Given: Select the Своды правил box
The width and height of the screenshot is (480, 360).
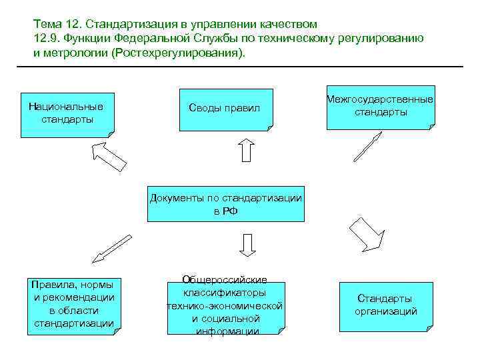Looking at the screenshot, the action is point(225,108).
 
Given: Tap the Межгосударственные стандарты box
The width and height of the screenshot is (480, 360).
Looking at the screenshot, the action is point(380,107).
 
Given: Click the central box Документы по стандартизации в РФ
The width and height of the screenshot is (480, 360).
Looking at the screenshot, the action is point(225,203).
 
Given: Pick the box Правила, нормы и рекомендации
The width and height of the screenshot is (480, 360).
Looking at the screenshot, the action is point(73,304).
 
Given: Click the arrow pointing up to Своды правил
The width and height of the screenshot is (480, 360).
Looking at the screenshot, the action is point(246,150).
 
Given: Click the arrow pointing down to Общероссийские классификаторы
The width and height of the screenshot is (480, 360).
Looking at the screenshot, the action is point(247,244).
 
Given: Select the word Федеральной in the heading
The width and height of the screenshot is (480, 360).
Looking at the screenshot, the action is point(165,38).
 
